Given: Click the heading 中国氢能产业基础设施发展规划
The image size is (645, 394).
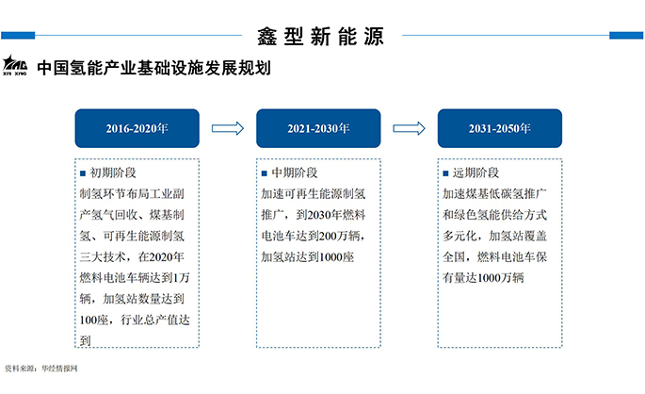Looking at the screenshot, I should pos(154,69).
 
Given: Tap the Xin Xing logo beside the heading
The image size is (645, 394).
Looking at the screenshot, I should pos(17,66).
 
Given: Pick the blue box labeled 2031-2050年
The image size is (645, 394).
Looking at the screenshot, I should pos(500,128).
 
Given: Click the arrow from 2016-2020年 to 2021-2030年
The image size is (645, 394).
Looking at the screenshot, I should pos(227,128).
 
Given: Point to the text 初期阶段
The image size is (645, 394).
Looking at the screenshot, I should pos(113,173).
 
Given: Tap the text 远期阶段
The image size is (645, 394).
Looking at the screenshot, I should pos(476,173).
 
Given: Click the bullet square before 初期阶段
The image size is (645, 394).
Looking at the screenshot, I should pos(83,173).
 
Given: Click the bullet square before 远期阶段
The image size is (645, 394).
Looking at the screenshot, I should pos(446,173).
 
